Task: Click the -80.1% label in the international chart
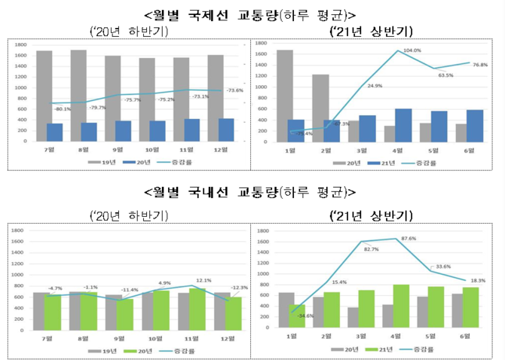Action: (62, 108)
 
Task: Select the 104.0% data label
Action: (412, 50)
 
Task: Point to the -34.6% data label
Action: (305, 315)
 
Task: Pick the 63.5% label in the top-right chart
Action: (445, 75)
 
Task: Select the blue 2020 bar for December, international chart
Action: (226, 130)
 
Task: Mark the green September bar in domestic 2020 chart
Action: (125, 310)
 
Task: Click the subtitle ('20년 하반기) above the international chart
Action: (128, 31)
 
